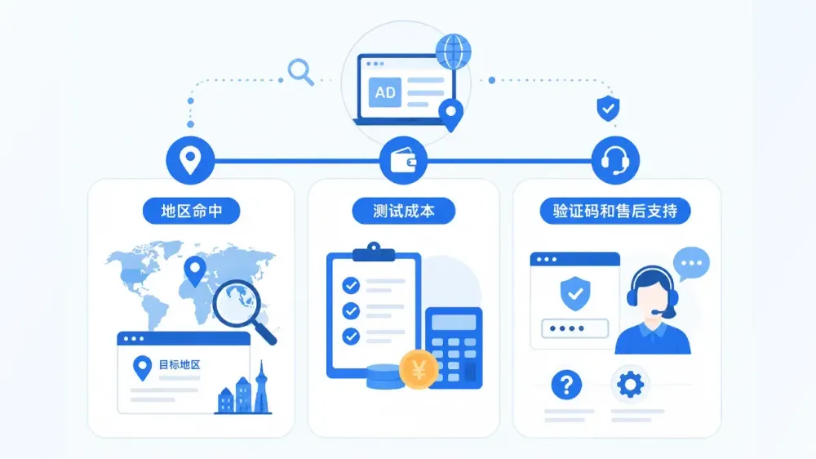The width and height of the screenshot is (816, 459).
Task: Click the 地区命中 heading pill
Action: click(192, 211)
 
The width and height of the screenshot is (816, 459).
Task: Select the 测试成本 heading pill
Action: click(403, 211)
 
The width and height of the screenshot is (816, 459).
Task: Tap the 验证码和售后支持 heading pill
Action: click(615, 211)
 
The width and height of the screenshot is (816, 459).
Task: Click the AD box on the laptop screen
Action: click(385, 92)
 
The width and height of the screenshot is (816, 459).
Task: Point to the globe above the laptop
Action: click(453, 52)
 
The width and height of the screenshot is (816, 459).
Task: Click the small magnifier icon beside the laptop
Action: click(301, 72)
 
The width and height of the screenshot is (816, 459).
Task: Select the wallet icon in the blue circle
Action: click(403, 160)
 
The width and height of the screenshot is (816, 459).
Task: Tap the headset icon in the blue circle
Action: click(615, 160)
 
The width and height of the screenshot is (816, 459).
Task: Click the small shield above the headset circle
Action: click(608, 109)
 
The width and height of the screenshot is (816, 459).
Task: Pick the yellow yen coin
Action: click(419, 370)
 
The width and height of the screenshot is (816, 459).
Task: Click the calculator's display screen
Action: click(454, 323)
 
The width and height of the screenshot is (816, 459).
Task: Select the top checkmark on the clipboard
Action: click(351, 286)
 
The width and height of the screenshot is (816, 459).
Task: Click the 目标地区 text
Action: click(180, 365)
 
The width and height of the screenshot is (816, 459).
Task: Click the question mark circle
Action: click(566, 385)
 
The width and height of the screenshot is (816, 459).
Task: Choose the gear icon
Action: click(630, 385)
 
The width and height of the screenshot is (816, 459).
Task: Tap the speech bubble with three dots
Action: click(692, 264)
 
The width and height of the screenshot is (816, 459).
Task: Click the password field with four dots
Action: click(574, 329)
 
